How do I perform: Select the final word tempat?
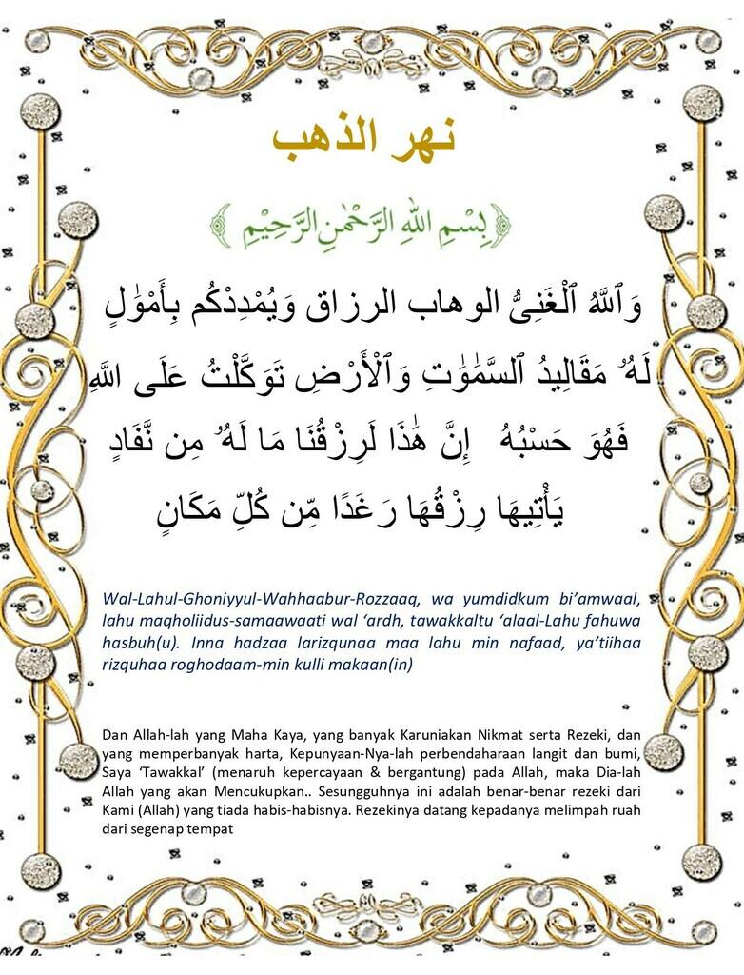tap(213, 827)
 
